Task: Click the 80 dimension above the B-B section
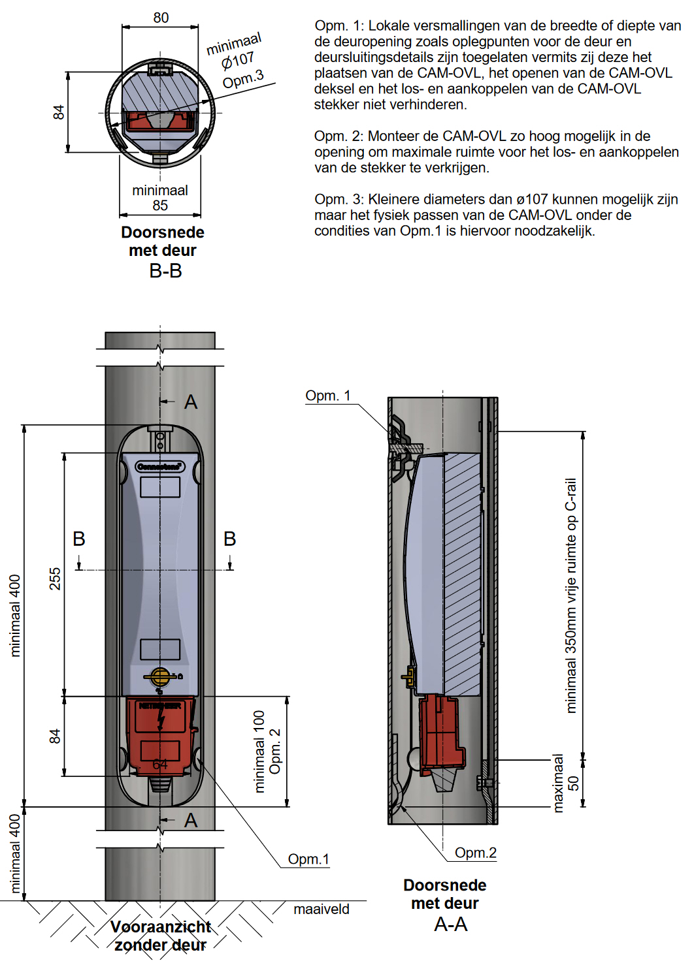point(161,18)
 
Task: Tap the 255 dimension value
point(55,578)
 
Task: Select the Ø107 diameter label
point(238,61)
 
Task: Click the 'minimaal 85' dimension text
point(160,198)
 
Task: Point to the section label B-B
point(165,271)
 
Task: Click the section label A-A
point(451,925)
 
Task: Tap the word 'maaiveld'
point(321,909)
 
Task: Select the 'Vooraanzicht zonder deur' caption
point(161,936)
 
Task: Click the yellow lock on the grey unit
point(160,676)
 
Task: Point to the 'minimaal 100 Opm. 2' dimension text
point(267,751)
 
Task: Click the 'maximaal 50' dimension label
point(565,783)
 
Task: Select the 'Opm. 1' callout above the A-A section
point(328,396)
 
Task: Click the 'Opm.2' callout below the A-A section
point(476,853)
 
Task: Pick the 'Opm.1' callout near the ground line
point(308,859)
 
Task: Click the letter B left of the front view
point(79,539)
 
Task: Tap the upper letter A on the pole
point(191,402)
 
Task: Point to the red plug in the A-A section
point(441,731)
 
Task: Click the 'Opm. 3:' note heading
point(339,199)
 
